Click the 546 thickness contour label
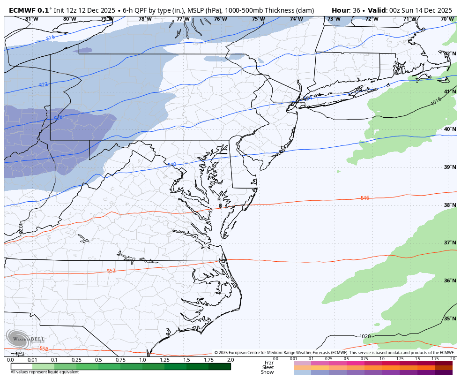pyautogui.click(x=364, y=198)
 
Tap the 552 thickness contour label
pyautogui.click(x=111, y=271)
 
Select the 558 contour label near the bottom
pyautogui.click(x=44, y=349)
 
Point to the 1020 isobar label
pyautogui.click(x=365, y=336)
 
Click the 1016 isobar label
pyautogui.click(x=436, y=101)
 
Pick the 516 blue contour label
pyautogui.click(x=50, y=38)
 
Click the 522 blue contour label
pyautogui.click(x=43, y=85)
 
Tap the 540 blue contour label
pyautogui.click(x=171, y=165)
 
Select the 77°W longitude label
pyautogui.click(x=183, y=19)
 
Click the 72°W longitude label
pyautogui.click(x=372, y=19)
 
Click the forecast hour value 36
pyautogui.click(x=356, y=10)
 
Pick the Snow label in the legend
pyautogui.click(x=268, y=372)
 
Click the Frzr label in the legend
pyautogui.click(x=269, y=363)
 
